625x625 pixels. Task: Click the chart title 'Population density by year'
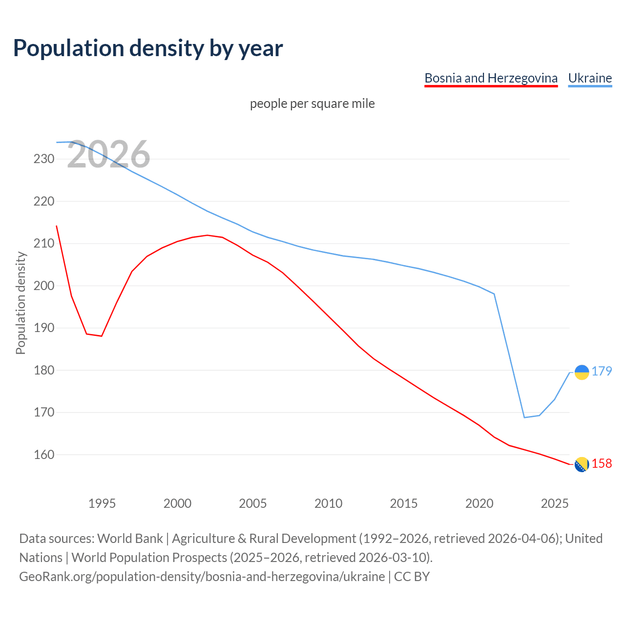(x=148, y=48)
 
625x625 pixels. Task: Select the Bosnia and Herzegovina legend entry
(x=491, y=78)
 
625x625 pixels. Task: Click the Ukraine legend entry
(x=590, y=78)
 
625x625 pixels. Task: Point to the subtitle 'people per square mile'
(x=312, y=104)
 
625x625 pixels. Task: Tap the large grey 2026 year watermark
(x=108, y=155)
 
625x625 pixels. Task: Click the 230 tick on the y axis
(x=44, y=159)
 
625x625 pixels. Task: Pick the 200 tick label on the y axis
(x=44, y=286)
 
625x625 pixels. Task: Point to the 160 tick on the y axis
(x=44, y=455)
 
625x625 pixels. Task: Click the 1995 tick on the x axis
(x=102, y=503)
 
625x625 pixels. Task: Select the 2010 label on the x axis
(x=328, y=503)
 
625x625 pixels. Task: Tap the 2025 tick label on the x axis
(x=555, y=503)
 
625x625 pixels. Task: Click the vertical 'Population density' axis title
(x=21, y=303)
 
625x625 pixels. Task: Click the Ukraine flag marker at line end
(x=582, y=372)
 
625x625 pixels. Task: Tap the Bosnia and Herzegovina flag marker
(x=582, y=465)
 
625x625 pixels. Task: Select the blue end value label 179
(x=602, y=372)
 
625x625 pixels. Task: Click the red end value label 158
(x=602, y=464)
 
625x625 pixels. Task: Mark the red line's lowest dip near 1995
(x=102, y=336)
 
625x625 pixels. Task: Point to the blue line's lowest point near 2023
(x=524, y=417)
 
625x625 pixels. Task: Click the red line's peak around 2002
(x=208, y=235)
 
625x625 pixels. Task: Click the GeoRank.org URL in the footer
(x=202, y=577)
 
